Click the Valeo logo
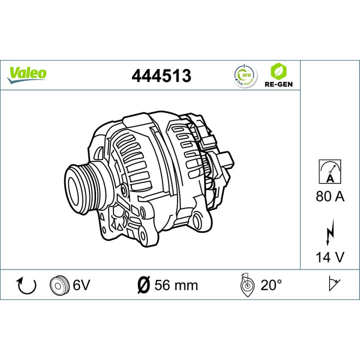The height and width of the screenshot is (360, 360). pyautogui.click(x=27, y=73)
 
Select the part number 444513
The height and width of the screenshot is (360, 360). pyautogui.click(x=161, y=75)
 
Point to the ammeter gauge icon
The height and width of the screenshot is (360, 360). pyautogui.click(x=330, y=170)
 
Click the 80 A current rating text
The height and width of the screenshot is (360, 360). pyautogui.click(x=330, y=196)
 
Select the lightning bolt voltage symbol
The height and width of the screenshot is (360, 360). pyautogui.click(x=330, y=232)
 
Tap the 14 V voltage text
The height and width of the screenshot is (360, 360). pyautogui.click(x=330, y=257)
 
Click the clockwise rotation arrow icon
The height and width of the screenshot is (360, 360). pyautogui.click(x=27, y=285)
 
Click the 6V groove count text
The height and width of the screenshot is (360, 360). pyautogui.click(x=81, y=285)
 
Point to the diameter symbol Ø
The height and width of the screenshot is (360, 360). pyautogui.click(x=142, y=285)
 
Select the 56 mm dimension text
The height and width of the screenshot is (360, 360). pyautogui.click(x=175, y=285)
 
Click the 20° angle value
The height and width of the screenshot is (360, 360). pyautogui.click(x=271, y=285)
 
